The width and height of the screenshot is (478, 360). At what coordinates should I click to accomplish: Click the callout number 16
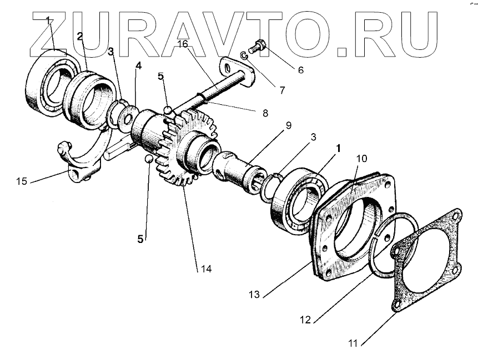183,43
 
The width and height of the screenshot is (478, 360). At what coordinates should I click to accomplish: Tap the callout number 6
300,70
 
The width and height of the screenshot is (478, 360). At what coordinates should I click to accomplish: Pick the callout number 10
362,159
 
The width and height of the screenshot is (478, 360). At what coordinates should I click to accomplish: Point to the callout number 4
138,65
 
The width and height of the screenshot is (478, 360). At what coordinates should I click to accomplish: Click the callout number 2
80,37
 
